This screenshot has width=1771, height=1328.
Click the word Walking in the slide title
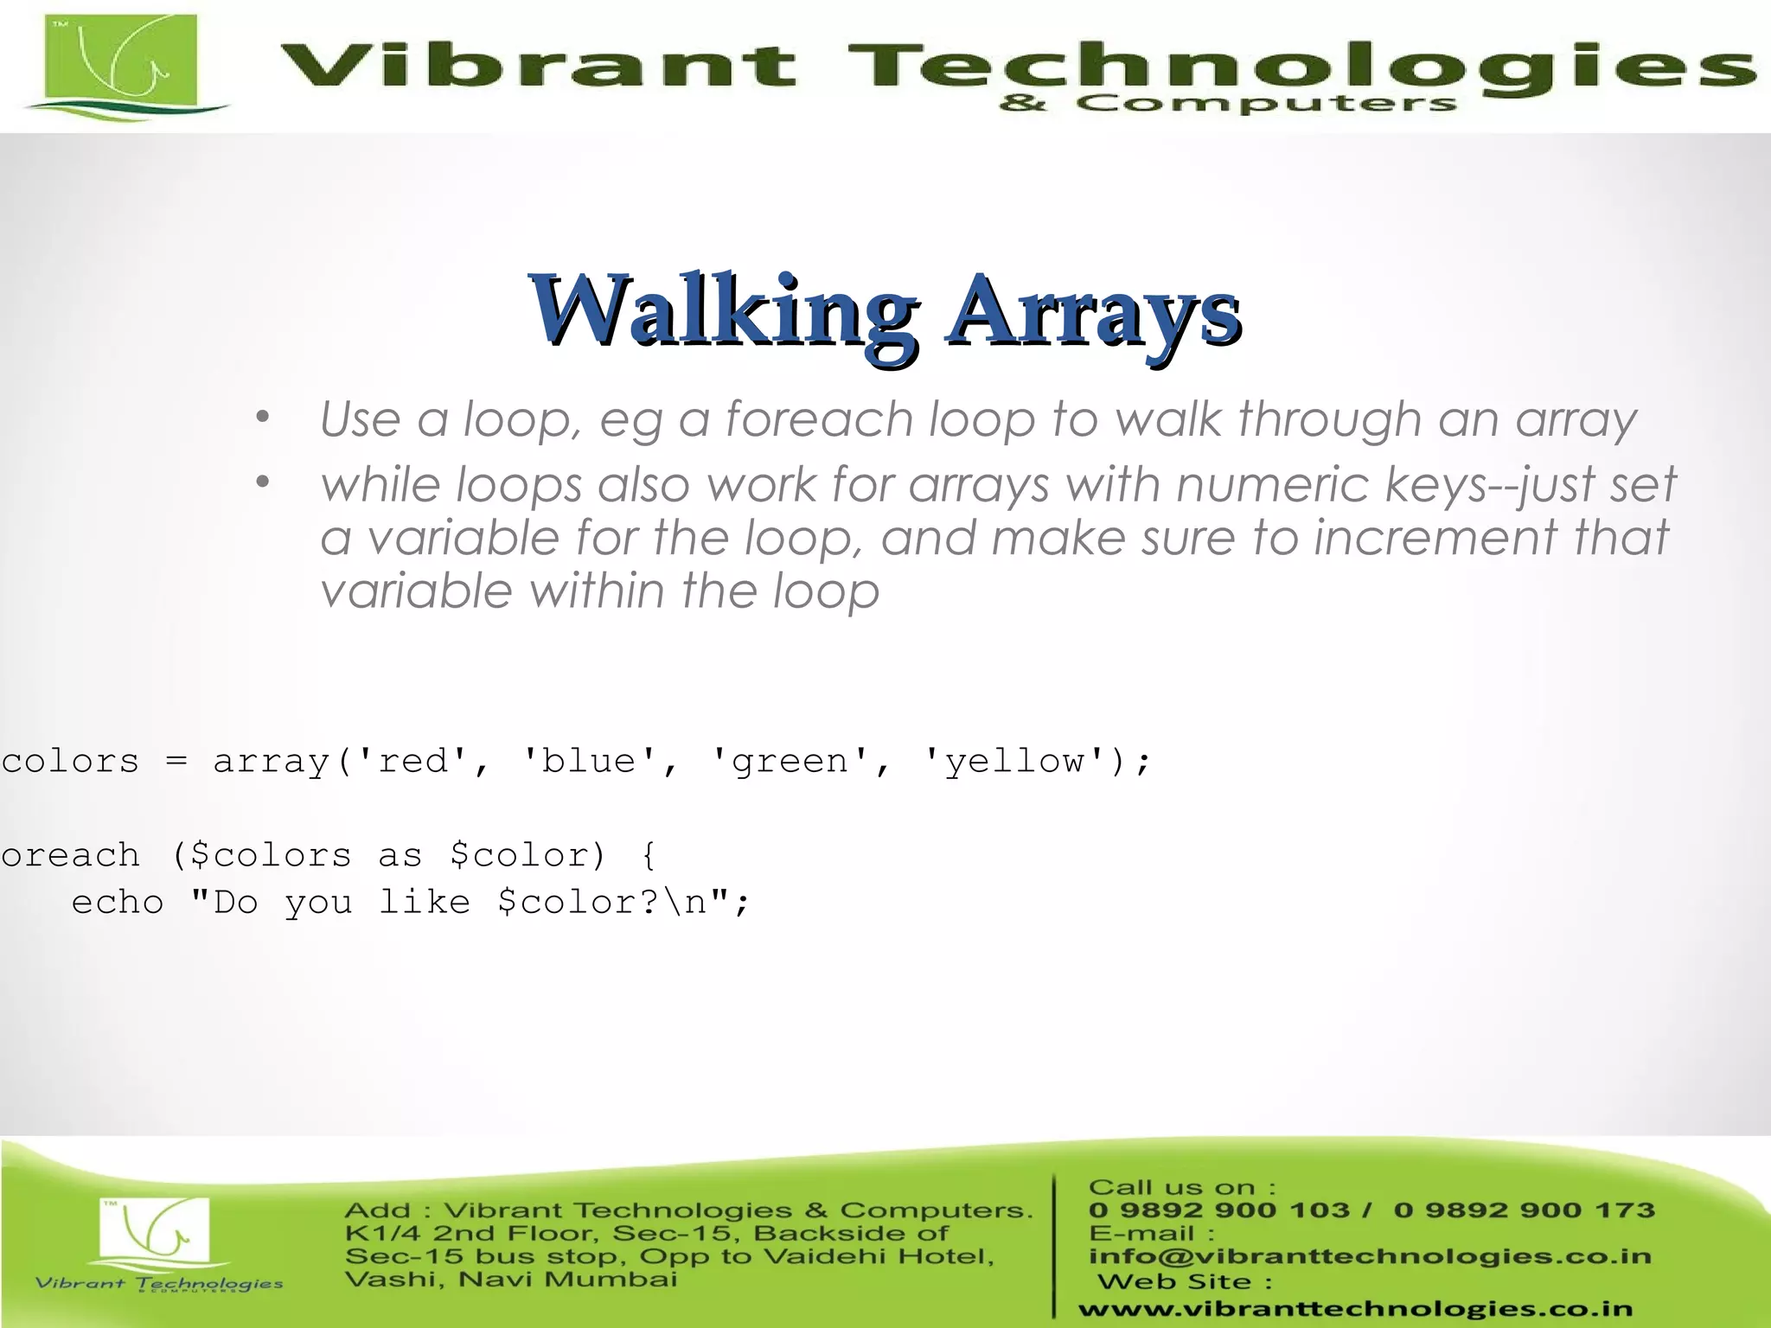(x=725, y=311)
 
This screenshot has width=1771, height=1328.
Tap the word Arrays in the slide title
(x=1093, y=311)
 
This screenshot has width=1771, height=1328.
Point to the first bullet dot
(x=263, y=418)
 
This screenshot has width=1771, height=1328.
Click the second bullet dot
(x=263, y=482)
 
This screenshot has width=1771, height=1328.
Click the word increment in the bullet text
(x=1435, y=538)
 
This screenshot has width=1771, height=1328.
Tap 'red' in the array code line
(x=412, y=761)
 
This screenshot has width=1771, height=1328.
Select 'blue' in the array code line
(x=589, y=761)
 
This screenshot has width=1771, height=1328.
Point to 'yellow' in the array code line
(x=1013, y=761)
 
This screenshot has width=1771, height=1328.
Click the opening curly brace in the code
(x=649, y=855)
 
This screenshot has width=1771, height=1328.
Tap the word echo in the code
(x=117, y=903)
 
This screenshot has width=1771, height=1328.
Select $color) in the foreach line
(x=527, y=855)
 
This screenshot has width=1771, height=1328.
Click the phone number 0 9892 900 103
(x=1219, y=1210)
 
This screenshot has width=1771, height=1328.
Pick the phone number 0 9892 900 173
(x=1524, y=1210)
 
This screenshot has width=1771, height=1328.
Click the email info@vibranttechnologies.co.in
(x=1370, y=1256)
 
